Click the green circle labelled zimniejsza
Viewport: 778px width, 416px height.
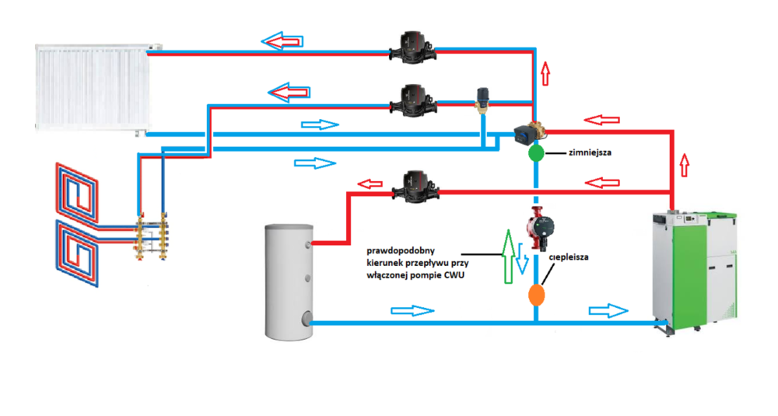pyautogui.click(x=536, y=153)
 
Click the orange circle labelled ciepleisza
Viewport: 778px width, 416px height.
pyautogui.click(x=536, y=295)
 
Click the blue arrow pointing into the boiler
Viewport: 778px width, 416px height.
pyautogui.click(x=608, y=311)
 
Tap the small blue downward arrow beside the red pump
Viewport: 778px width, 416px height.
pyautogui.click(x=524, y=268)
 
